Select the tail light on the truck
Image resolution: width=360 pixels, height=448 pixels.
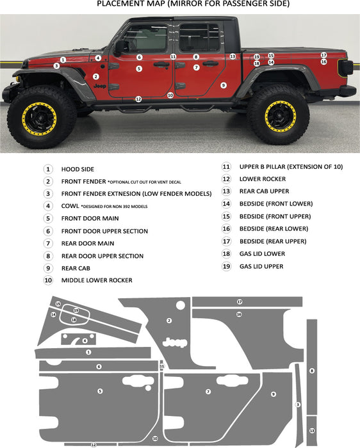pyautogui.click(x=344, y=68)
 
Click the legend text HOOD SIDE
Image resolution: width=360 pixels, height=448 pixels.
pyautogui.click(x=78, y=170)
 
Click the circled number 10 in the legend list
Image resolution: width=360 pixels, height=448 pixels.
pyautogui.click(x=48, y=280)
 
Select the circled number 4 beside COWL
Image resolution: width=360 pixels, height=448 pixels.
pyautogui.click(x=48, y=206)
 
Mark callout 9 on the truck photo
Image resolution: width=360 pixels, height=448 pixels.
pyautogui.click(x=224, y=84)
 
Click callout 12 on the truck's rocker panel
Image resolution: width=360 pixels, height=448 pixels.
pyautogui.click(x=138, y=99)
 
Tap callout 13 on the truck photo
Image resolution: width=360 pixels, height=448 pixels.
pyautogui.click(x=233, y=56)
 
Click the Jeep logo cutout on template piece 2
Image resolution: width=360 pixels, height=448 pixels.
pyautogui.click(x=175, y=342)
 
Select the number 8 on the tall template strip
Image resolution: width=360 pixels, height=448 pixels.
pyautogui.click(x=312, y=371)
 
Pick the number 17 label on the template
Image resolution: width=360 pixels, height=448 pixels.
pyautogui.click(x=240, y=301)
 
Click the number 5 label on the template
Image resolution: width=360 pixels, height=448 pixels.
pyautogui.click(x=100, y=390)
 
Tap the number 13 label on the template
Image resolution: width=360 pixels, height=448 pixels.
pyautogui.click(x=311, y=431)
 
